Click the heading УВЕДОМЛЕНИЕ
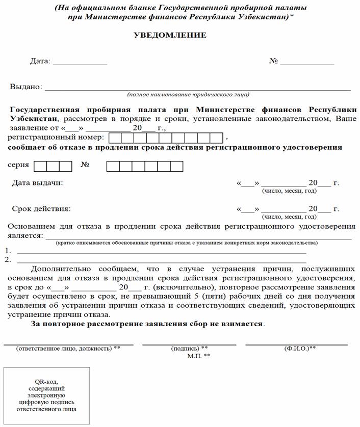(x=170, y=35)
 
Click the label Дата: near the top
(x=40, y=61)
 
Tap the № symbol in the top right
(x=273, y=61)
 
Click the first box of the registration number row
(x=115, y=138)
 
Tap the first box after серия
(x=41, y=166)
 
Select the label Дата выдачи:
(x=38, y=182)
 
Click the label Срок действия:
(x=41, y=208)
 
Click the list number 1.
(x=8, y=251)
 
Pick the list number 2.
(x=8, y=259)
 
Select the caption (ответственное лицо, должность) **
(x=68, y=349)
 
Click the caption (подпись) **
(x=189, y=349)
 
